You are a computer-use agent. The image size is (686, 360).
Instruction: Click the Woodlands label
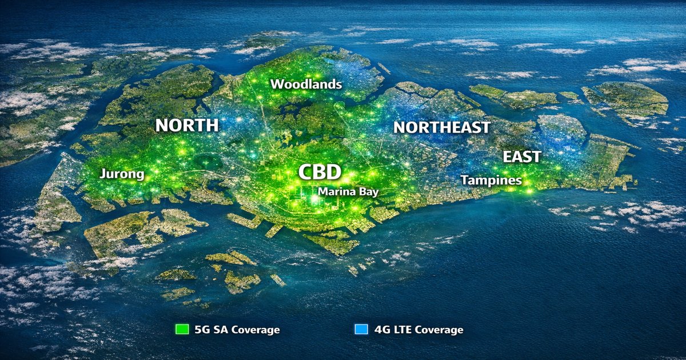[x=306, y=85]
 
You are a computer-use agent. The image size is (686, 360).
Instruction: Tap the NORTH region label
[x=187, y=125]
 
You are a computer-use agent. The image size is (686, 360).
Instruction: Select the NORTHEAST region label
[x=441, y=127]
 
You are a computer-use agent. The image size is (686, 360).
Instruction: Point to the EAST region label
[x=522, y=157]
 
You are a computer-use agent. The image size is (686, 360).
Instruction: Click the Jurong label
[x=122, y=174]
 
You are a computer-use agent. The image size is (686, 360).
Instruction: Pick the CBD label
[x=320, y=172]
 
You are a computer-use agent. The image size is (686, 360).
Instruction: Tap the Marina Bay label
[x=348, y=192]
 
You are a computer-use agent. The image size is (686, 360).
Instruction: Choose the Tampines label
[x=491, y=181]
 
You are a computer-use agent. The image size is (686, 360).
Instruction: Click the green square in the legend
[x=182, y=330]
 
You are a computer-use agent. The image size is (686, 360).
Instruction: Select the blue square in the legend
[x=361, y=330]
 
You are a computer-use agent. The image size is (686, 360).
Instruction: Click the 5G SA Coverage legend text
[x=237, y=330]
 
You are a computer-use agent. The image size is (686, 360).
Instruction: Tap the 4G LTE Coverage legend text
[x=418, y=330]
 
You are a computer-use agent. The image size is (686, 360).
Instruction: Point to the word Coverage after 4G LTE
[x=439, y=330]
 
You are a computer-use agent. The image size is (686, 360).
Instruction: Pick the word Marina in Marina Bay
[x=337, y=192]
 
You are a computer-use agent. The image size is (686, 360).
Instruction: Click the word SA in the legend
[x=219, y=330]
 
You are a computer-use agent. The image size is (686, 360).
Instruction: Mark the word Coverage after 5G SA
[x=254, y=330]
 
